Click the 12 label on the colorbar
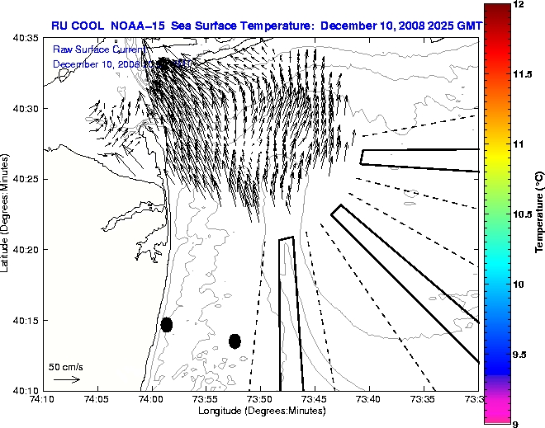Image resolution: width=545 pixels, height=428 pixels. tap(518, 5)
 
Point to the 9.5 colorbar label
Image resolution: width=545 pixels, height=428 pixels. tap(520, 354)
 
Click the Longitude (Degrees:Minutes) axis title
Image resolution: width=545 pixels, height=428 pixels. tap(262, 411)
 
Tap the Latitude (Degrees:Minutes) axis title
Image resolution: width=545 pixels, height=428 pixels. tap(6, 214)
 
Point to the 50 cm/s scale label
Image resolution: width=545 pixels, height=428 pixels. tap(66, 366)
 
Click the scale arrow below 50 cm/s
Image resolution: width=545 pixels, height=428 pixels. tap(66, 379)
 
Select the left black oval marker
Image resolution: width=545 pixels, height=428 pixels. tap(167, 324)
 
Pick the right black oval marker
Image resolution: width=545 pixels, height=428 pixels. tap(235, 341)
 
